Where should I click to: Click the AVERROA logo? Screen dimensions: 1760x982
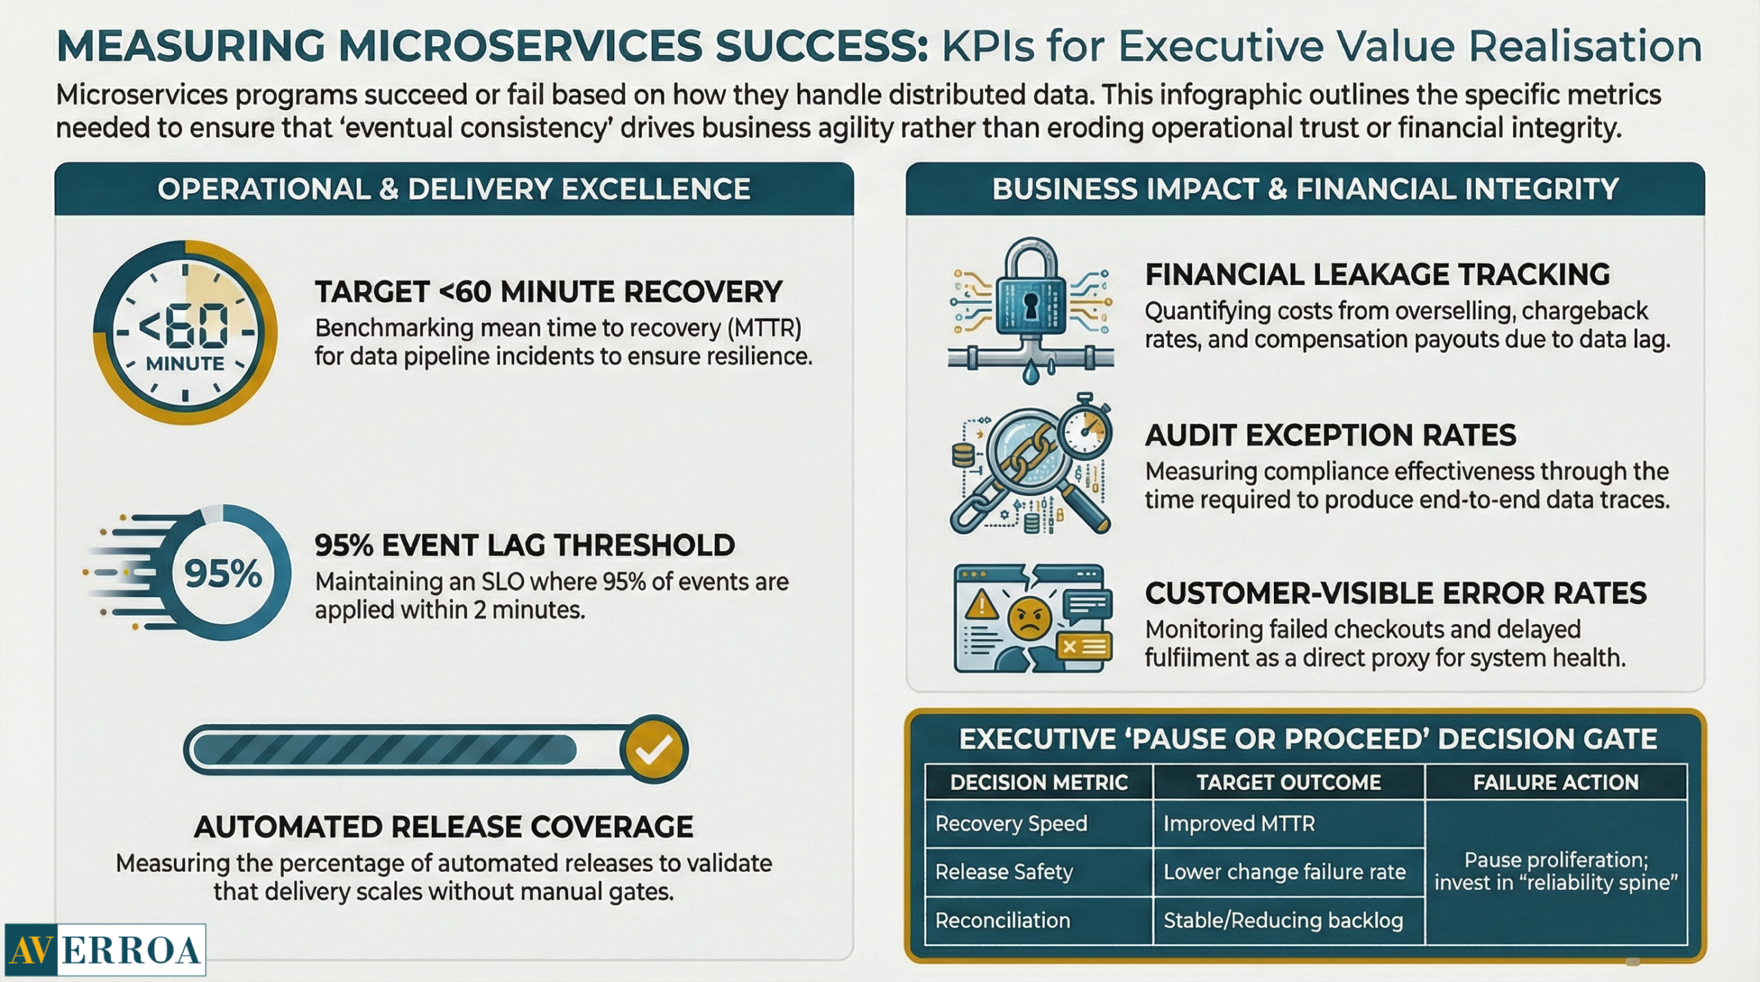[105, 950]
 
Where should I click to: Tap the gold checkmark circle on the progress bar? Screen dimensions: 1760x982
[654, 750]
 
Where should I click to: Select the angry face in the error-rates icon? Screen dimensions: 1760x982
[1029, 618]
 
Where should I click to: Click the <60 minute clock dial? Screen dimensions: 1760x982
[186, 332]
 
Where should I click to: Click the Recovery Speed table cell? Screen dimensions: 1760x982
[1039, 823]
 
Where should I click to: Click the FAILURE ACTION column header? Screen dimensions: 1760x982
[1556, 782]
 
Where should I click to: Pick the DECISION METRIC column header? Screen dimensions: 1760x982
[1039, 782]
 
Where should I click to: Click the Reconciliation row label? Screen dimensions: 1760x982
[1003, 921]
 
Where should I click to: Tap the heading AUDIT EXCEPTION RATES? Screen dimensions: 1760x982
[1330, 435]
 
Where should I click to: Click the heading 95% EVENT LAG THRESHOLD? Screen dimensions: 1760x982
[525, 545]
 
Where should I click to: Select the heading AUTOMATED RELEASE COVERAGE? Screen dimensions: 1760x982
[443, 827]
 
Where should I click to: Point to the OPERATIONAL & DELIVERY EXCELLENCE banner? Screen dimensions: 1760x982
[454, 189]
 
